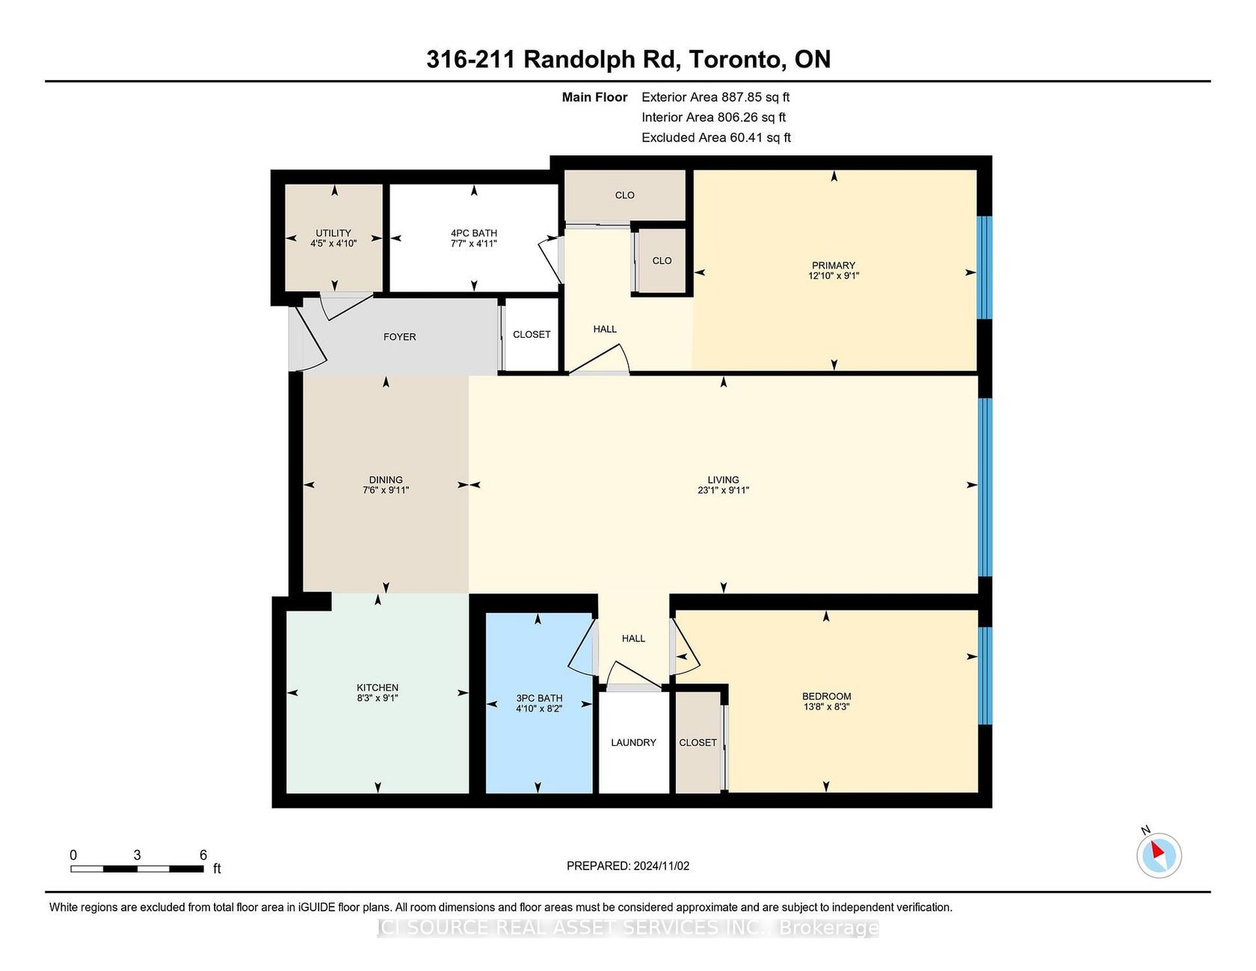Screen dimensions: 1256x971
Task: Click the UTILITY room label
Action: click(x=333, y=233)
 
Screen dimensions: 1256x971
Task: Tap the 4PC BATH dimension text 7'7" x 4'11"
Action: click(x=474, y=244)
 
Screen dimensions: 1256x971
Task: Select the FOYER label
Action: click(x=400, y=337)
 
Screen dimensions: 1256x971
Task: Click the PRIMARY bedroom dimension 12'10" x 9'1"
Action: click(x=834, y=276)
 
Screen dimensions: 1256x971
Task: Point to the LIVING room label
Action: click(x=723, y=480)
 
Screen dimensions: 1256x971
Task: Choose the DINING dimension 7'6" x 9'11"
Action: click(x=386, y=490)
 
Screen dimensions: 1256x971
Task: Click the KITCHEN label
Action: click(x=378, y=688)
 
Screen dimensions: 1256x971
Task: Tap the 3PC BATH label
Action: click(x=539, y=698)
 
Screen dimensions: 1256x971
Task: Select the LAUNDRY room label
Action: click(x=633, y=742)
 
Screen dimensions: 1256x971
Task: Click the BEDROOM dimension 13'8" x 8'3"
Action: click(x=826, y=706)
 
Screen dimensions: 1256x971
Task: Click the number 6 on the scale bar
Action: click(x=203, y=855)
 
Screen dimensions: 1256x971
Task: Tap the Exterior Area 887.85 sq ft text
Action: click(x=715, y=97)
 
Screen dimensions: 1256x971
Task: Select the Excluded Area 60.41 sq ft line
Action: click(x=716, y=138)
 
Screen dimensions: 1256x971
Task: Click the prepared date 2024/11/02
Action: click(x=661, y=866)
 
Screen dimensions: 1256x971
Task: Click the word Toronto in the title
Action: click(x=734, y=60)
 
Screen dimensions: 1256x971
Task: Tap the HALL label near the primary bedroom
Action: click(x=605, y=329)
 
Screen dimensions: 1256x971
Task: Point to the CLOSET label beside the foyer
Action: click(x=532, y=334)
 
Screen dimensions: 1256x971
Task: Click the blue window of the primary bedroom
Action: click(x=985, y=268)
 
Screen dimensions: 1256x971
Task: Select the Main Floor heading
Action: click(x=594, y=97)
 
